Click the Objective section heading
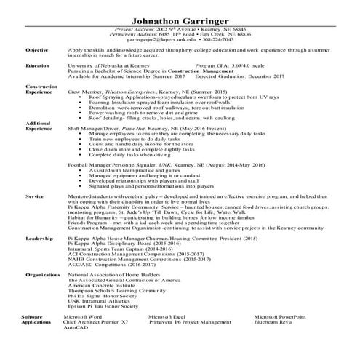click(x=36, y=50)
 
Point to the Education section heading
click(x=37, y=65)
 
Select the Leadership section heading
click(x=37, y=237)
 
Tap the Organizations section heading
click(x=42, y=276)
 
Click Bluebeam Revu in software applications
click(x=275, y=344)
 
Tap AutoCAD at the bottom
click(x=75, y=349)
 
